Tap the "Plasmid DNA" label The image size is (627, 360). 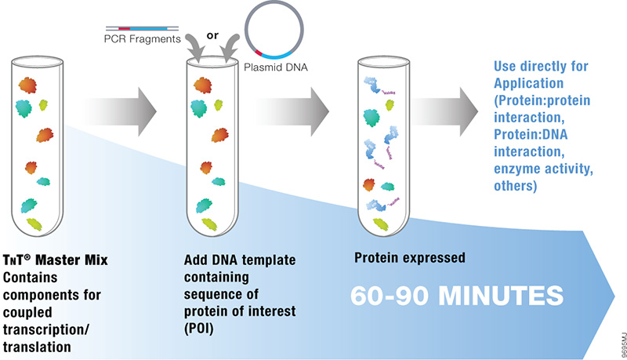pyautogui.click(x=281, y=67)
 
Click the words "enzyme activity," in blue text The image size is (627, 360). pyautogui.click(x=538, y=171)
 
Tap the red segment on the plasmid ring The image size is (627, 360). pyautogui.click(x=256, y=49)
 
